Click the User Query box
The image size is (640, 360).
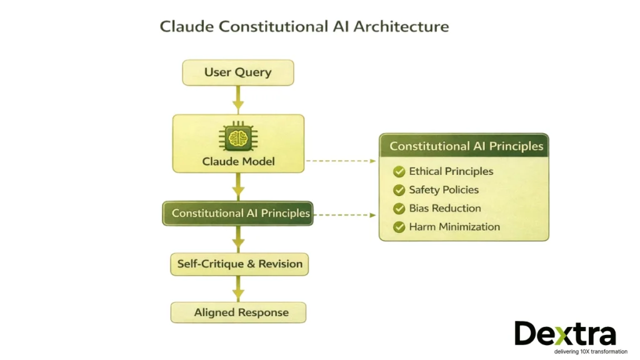(237, 72)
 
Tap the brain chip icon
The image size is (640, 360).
(237, 137)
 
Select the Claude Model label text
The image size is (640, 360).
(238, 162)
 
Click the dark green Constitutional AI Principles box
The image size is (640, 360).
(237, 213)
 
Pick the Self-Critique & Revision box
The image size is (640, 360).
(239, 264)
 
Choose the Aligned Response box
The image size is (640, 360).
(238, 312)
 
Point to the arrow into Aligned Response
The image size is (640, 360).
(238, 289)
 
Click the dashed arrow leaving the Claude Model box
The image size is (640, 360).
(341, 161)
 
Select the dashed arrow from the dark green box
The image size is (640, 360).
(344, 214)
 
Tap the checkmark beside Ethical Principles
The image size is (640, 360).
(399, 172)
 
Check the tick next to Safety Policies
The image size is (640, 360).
(399, 190)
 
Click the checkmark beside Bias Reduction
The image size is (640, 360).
(399, 209)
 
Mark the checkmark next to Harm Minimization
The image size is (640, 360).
(399, 227)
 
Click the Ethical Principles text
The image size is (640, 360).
(451, 171)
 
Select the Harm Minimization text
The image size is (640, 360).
(454, 227)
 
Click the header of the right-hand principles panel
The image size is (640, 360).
(466, 146)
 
